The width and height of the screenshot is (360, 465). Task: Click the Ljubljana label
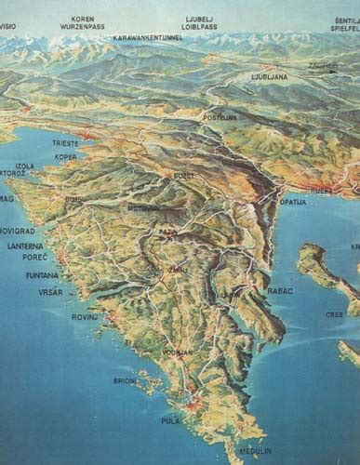(x=270, y=77)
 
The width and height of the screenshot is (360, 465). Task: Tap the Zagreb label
(x=325, y=65)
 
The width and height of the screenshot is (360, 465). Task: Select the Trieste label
(x=66, y=143)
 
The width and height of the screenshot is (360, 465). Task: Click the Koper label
(x=66, y=156)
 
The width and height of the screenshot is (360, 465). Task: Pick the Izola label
(x=25, y=166)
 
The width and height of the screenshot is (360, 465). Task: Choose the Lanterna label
(x=23, y=246)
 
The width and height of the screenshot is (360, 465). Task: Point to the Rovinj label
(x=85, y=317)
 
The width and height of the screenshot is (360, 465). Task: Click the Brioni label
(x=125, y=379)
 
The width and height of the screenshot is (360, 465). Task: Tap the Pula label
(x=170, y=420)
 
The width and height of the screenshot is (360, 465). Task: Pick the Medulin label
(x=256, y=451)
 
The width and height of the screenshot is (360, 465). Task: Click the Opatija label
(x=293, y=201)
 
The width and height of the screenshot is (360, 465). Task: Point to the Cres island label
(x=334, y=314)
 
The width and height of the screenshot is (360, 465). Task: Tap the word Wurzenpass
(x=83, y=27)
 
